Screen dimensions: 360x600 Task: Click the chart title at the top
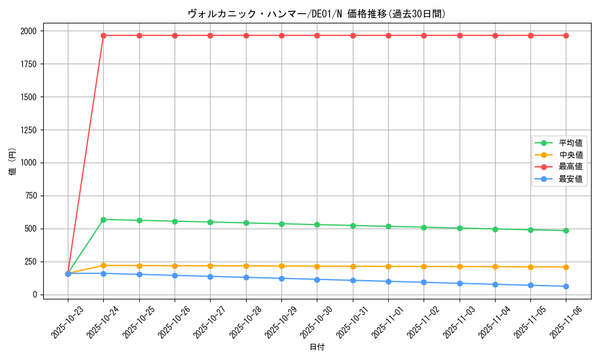pyautogui.click(x=317, y=14)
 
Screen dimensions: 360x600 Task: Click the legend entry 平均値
pyautogui.click(x=571, y=143)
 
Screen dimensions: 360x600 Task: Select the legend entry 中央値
pyautogui.click(x=571, y=155)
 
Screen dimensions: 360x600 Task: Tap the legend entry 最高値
pyautogui.click(x=571, y=167)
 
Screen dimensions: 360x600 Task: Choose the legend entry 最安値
pyautogui.click(x=571, y=179)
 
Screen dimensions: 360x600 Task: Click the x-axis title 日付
pyautogui.click(x=317, y=347)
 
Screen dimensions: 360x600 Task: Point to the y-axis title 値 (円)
pyautogui.click(x=13, y=162)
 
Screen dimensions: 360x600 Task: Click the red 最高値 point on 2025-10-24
pyautogui.click(x=103, y=35)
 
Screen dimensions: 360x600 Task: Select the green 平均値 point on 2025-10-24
pyautogui.click(x=103, y=220)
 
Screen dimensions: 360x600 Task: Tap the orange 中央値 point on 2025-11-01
pyautogui.click(x=388, y=266)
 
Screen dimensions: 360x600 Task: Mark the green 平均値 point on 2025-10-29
pyautogui.click(x=281, y=224)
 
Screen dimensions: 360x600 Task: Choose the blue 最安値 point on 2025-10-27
pyautogui.click(x=210, y=277)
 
